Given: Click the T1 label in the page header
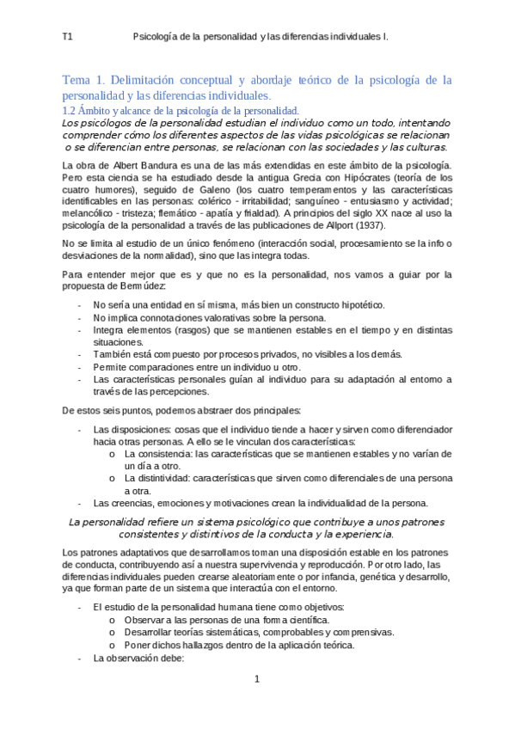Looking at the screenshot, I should click(67, 37).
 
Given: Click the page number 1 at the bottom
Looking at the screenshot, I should click(256, 679).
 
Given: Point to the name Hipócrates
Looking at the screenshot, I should click(337, 178).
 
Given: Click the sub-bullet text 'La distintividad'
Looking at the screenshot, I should click(157, 477).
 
